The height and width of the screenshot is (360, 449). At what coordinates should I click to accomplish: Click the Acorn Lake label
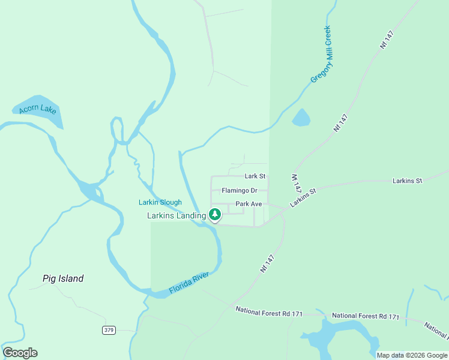coord(37,109)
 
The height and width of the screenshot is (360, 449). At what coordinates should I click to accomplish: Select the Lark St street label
coord(255,176)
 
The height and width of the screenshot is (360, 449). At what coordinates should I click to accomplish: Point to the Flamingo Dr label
coord(239,191)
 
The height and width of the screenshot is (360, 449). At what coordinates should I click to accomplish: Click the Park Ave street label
coord(249,204)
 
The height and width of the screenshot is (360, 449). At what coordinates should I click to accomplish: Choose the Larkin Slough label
coord(160,202)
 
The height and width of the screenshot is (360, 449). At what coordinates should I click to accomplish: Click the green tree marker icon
coord(214,214)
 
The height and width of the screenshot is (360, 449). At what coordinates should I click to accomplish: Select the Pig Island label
coord(63,278)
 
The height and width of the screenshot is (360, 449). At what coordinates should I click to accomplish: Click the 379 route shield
coord(109,330)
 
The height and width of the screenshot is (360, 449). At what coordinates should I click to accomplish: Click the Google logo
coord(20,353)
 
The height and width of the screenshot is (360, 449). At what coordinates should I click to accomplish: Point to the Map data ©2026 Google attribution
coord(412,355)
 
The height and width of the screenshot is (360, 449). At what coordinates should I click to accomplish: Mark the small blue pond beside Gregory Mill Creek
coord(301,118)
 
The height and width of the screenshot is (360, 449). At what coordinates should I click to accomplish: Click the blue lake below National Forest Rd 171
coord(336,337)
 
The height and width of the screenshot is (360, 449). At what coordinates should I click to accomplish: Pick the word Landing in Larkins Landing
coord(191,215)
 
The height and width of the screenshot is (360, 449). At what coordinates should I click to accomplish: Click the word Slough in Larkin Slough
coord(170,202)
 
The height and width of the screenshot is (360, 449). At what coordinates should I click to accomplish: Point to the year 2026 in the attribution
coord(417,355)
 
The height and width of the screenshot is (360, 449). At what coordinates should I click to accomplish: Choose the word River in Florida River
coord(200,278)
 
